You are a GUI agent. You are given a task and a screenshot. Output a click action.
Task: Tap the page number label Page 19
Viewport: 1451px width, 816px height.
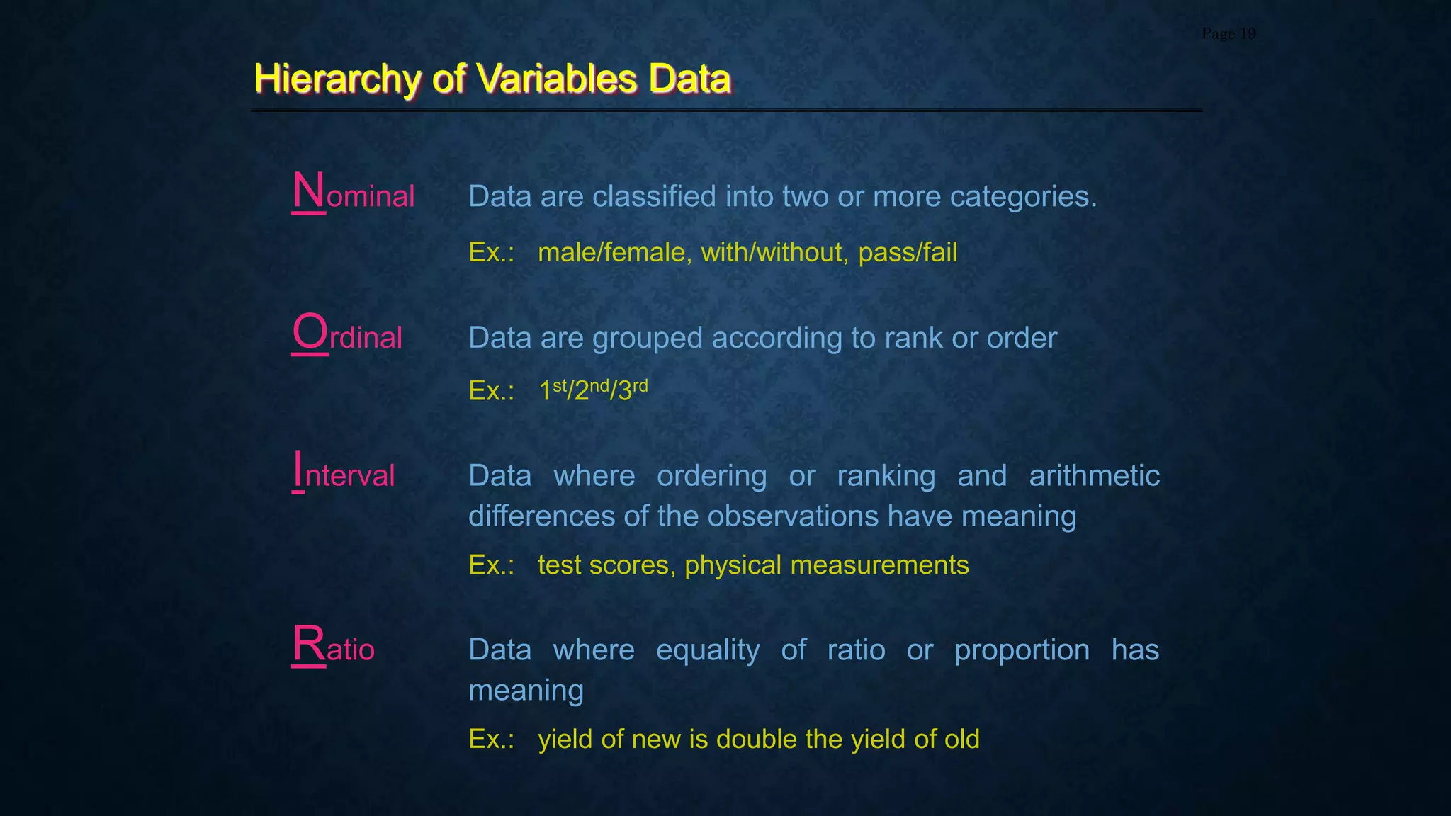(1229, 34)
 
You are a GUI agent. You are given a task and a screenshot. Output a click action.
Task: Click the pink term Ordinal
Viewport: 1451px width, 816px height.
(347, 335)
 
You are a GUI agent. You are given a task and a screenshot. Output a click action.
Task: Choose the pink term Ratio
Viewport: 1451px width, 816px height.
(333, 647)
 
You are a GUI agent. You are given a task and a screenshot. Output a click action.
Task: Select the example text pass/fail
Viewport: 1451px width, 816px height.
(908, 252)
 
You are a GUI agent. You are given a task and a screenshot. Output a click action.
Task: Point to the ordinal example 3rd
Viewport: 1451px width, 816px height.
(631, 390)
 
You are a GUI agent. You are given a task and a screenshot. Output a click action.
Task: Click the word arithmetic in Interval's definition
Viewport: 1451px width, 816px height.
(1094, 476)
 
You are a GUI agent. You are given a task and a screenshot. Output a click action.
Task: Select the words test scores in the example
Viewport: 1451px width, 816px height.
(606, 565)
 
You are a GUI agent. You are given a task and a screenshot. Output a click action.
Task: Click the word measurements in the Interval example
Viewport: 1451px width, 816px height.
(879, 565)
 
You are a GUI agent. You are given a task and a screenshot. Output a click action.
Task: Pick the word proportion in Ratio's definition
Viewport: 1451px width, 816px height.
(1022, 650)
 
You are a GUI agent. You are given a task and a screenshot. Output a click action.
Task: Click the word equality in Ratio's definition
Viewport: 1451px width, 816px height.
(707, 650)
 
